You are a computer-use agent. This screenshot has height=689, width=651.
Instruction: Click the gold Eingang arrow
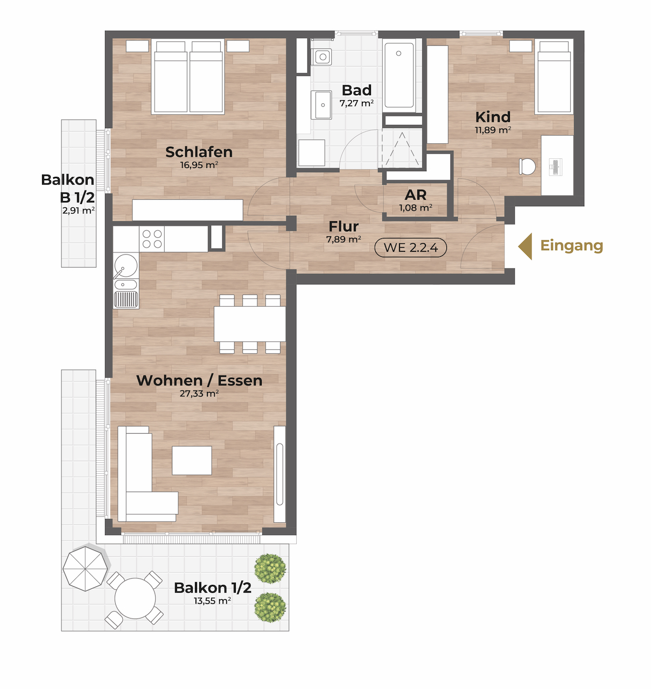526,247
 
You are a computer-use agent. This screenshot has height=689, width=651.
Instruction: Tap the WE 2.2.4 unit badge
411,248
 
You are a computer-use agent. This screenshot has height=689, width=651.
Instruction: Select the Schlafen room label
199,152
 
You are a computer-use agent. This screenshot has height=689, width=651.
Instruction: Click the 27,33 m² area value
199,393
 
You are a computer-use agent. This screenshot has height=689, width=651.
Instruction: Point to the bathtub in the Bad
400,75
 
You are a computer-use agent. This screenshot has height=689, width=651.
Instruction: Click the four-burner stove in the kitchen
152,238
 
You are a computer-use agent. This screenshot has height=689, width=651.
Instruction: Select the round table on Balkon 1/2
135,599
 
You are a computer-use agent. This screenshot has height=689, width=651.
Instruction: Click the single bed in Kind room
554,76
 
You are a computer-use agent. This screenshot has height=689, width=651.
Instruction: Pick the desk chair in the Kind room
527,167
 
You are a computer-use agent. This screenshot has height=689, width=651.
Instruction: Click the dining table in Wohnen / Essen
250,324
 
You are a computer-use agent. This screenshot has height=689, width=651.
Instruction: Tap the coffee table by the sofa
192,460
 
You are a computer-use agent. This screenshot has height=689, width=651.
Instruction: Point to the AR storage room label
416,195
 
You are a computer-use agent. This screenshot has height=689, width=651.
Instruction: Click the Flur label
344,227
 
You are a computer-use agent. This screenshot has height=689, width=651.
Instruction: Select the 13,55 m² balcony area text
213,601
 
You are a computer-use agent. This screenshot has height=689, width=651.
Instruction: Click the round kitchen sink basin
125,265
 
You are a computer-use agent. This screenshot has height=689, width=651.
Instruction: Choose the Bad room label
356,90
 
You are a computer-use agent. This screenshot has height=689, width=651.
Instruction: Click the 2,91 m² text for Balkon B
79,210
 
